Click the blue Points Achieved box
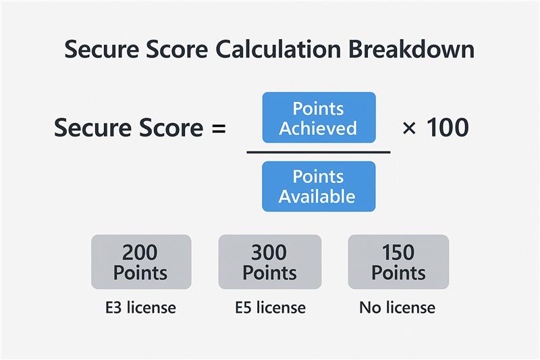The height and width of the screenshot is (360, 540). coord(318,118)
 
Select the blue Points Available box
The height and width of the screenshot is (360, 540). coord(318,186)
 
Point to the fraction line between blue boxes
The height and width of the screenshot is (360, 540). coord(318,152)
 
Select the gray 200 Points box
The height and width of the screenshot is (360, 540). coord(141,262)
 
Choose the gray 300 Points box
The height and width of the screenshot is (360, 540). coord(270,262)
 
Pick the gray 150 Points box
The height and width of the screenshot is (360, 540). coord(398,262)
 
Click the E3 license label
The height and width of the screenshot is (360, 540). coord(140,308)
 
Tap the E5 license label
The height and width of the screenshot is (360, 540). coord(270,308)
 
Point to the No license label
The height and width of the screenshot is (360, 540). coord(398,308)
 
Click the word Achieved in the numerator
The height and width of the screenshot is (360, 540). coord(317,128)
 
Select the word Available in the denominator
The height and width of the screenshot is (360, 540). coord(317,197)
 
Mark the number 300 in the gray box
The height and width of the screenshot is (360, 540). coord(270,253)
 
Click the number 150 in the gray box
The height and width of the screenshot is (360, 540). coord(398,253)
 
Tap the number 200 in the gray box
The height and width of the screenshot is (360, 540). coord(141,253)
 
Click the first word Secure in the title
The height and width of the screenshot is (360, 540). coord(98,51)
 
